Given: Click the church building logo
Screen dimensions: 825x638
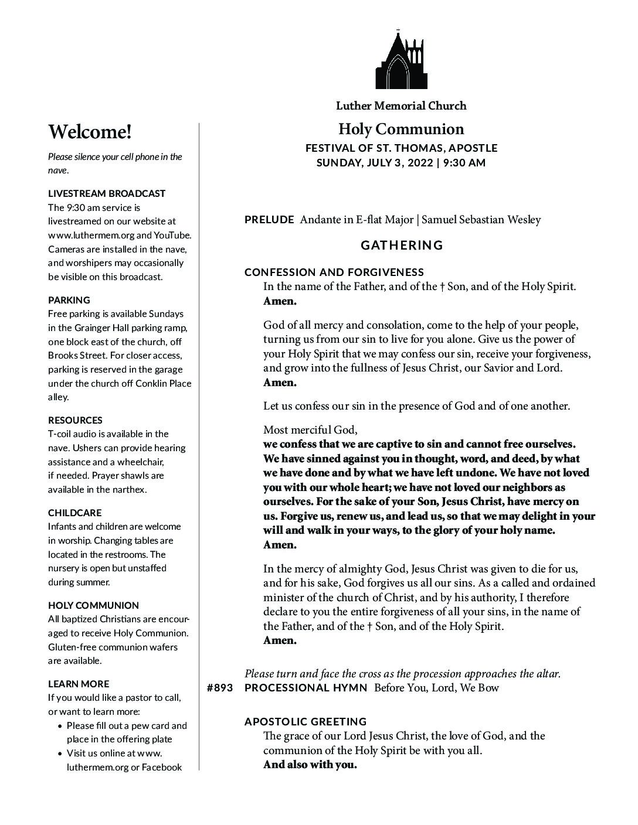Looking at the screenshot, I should [x=401, y=60].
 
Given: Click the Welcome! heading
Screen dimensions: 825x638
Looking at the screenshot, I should [x=90, y=132].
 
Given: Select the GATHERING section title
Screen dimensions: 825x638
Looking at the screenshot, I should [x=402, y=245].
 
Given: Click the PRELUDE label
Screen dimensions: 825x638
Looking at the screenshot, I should [x=269, y=220].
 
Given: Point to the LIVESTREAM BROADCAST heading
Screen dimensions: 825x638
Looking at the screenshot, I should [x=107, y=193].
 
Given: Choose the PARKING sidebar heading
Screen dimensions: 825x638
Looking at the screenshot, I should [x=69, y=300].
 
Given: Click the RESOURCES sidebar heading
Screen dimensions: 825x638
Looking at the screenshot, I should [x=75, y=420].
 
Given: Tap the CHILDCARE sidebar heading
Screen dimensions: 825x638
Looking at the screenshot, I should [x=74, y=513].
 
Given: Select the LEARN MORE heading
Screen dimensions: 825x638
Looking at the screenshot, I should [x=79, y=684].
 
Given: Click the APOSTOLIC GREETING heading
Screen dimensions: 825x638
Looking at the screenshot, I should [x=306, y=721].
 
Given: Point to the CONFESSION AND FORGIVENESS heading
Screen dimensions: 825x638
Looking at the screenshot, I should [x=334, y=272].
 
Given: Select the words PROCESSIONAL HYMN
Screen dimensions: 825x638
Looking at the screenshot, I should [x=306, y=688].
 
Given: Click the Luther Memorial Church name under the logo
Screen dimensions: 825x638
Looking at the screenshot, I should [x=401, y=106].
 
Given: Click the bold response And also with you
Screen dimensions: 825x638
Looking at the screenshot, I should [x=310, y=765].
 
